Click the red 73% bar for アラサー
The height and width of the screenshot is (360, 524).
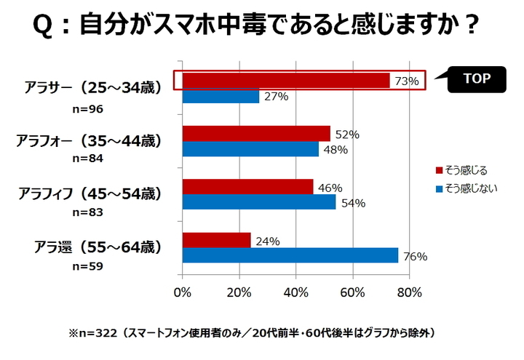(x=286, y=81)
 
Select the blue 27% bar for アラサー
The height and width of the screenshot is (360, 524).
(x=221, y=96)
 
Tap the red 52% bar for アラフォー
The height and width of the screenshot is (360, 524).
(x=256, y=134)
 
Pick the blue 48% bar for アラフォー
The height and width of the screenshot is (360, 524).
(x=250, y=149)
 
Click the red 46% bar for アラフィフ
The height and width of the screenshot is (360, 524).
(x=247, y=187)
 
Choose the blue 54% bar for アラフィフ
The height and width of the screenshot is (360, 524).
(x=259, y=202)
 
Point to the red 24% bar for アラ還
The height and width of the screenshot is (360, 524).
(x=216, y=240)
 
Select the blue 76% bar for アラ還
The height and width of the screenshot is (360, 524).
(x=290, y=255)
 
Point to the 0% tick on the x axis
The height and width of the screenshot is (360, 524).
(x=183, y=293)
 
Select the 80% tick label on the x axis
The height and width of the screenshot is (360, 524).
(x=410, y=293)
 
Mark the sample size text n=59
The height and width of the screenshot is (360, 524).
(x=88, y=265)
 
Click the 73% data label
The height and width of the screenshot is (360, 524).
(x=406, y=81)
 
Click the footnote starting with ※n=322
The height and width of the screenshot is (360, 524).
(x=251, y=333)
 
